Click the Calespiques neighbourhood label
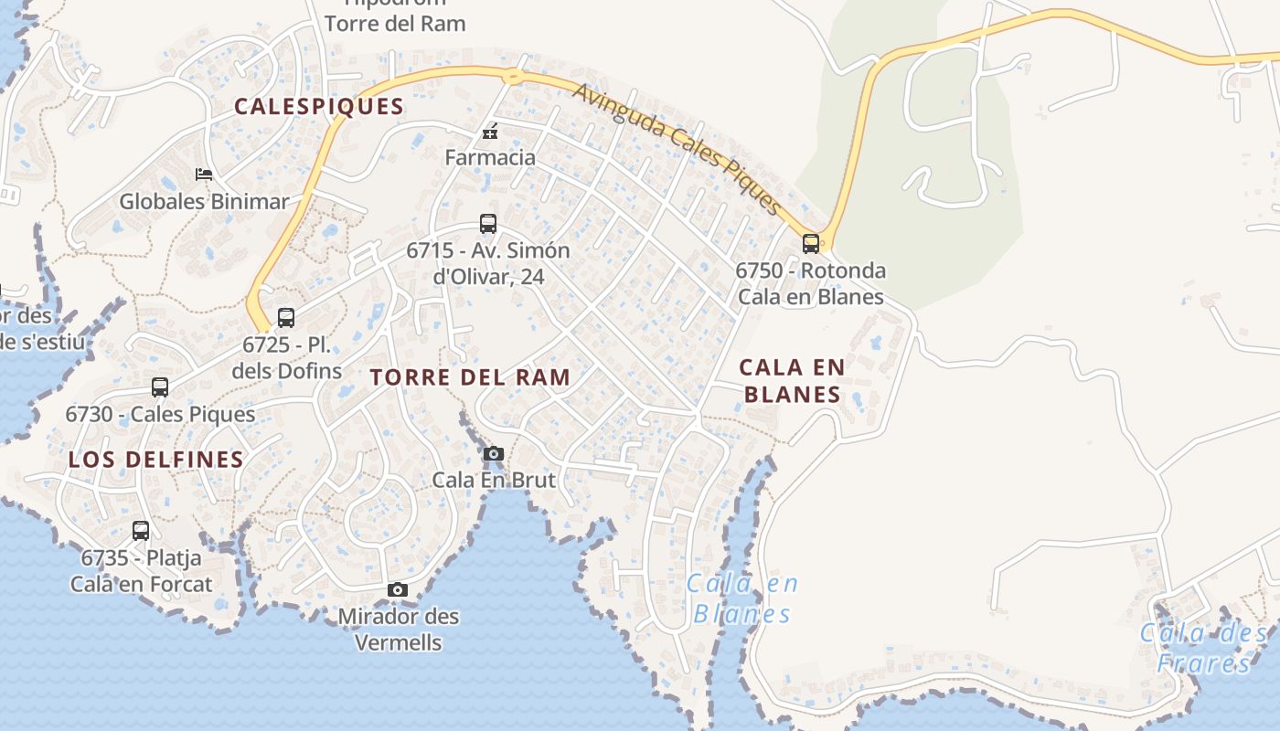tap(318, 106)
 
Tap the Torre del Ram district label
tap(470, 376)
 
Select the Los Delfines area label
tap(156, 459)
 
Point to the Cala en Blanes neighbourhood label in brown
tap(792, 380)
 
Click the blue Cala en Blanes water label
tap(741, 598)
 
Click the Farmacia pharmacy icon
tap(490, 132)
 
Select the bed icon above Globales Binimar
tap(204, 174)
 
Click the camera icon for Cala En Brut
tap(493, 453)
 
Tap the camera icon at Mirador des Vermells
tap(397, 590)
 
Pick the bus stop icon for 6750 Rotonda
tap(811, 243)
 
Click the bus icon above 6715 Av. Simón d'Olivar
tap(488, 224)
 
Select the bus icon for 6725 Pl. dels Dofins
tap(286, 318)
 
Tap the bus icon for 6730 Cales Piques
tap(160, 387)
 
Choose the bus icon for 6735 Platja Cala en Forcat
tap(141, 531)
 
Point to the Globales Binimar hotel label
tap(204, 201)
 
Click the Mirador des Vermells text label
tap(398, 629)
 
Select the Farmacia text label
tap(490, 157)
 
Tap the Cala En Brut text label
tap(494, 479)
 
